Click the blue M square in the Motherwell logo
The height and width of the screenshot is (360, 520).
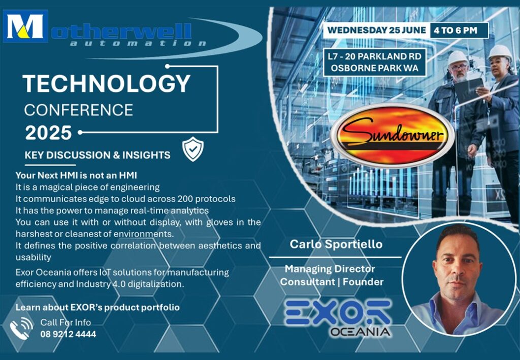(25, 26)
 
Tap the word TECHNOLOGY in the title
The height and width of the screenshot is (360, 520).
(107, 84)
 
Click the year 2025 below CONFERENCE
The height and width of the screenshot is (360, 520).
(48, 133)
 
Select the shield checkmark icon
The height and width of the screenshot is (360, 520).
(193, 149)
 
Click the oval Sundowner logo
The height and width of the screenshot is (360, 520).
(393, 135)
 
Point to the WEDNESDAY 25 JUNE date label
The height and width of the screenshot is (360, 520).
(377, 30)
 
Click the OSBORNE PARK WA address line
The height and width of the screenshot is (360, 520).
(374, 68)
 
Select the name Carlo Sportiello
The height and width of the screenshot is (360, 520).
(336, 244)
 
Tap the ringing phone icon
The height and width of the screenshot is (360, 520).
(21, 329)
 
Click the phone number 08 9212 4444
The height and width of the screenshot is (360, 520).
(69, 334)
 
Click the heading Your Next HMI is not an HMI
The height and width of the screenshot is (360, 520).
(76, 175)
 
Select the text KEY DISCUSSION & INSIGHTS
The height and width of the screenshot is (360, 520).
(97, 155)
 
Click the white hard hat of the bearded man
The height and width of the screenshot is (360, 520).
(458, 57)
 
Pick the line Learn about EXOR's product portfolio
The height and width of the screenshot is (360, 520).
(97, 308)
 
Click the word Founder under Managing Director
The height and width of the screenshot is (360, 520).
(363, 282)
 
